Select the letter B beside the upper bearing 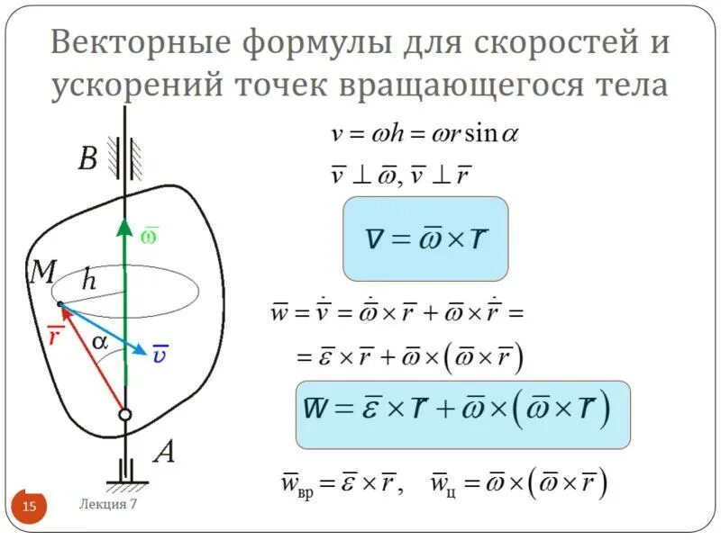[x=87, y=160]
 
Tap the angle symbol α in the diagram [x=99, y=343]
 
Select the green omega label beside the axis [x=150, y=236]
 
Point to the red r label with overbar [x=55, y=338]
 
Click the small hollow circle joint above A [x=125, y=414]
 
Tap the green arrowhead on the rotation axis [x=125, y=227]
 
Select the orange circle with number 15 [x=30, y=508]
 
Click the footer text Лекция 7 [x=107, y=504]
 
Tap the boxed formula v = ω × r [x=425, y=238]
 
